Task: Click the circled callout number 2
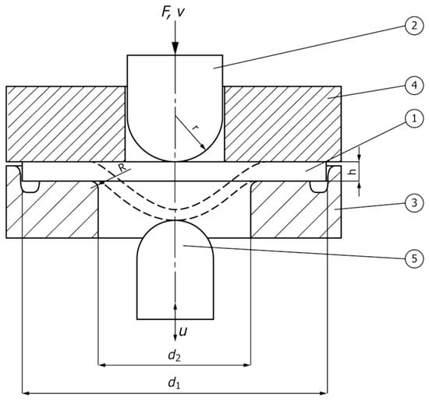pos(414,26)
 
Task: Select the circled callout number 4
pos(414,85)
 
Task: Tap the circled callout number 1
pos(414,118)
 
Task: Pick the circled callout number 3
pos(414,203)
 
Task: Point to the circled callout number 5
pos(414,258)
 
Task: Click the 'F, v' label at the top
pos(172,12)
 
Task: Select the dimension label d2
pos(174,356)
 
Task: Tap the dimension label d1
pos(174,383)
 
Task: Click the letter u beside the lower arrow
pos(183,332)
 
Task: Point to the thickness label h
pos(353,171)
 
